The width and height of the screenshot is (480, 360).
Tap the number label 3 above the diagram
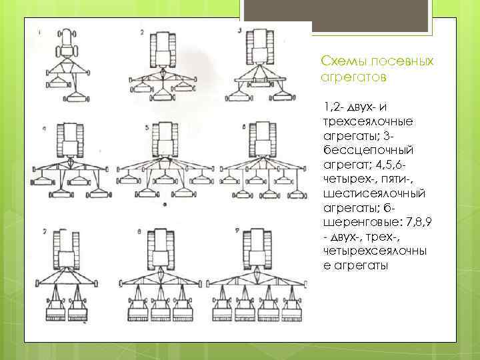pos(238,31)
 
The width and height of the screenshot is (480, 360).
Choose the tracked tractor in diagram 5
pos(162,141)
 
